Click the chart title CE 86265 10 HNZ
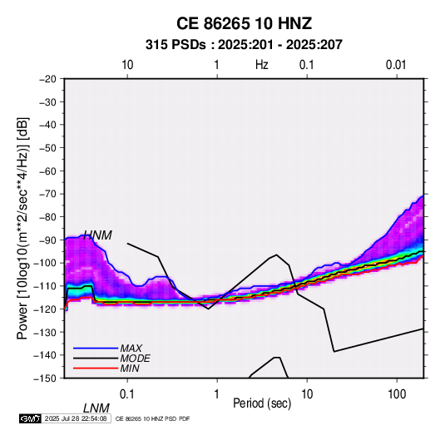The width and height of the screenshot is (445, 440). click(x=244, y=23)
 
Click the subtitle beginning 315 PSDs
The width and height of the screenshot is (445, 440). click(x=244, y=45)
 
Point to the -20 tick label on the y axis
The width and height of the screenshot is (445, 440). click(x=47, y=79)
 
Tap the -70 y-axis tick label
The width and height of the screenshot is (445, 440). click(x=47, y=194)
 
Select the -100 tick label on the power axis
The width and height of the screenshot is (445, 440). click(x=45, y=263)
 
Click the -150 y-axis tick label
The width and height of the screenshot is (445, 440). click(x=45, y=378)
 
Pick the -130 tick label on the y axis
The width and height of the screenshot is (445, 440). click(x=45, y=332)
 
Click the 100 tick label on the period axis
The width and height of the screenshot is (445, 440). click(x=397, y=394)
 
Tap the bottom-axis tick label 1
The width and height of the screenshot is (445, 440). click(x=217, y=394)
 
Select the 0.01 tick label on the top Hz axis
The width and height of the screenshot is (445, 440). click(x=396, y=65)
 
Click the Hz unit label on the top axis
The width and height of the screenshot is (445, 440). click(x=262, y=65)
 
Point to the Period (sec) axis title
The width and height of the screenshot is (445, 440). click(x=262, y=403)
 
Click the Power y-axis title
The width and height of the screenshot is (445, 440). click(x=22, y=229)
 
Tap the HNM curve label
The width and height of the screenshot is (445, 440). click(x=98, y=235)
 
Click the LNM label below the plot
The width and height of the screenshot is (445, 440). click(x=96, y=408)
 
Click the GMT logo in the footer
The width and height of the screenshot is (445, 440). click(x=30, y=418)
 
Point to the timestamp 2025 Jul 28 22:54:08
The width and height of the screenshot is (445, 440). click(x=76, y=418)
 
